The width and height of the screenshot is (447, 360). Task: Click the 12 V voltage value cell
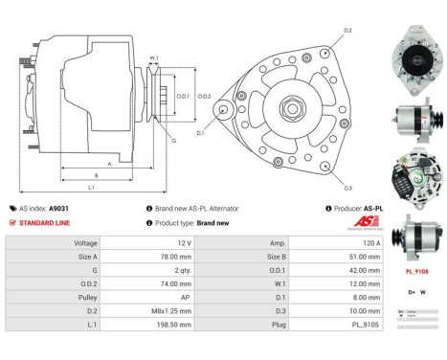(x=181, y=243)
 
